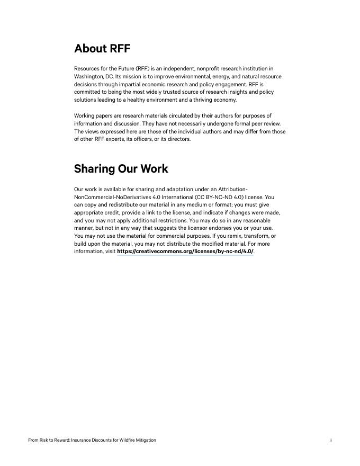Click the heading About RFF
pyautogui.click(x=102, y=49)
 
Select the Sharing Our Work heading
pyautogui.click(x=121, y=169)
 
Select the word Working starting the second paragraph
pyautogui.click(x=85, y=115)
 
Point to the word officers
pyautogui.click(x=142, y=139)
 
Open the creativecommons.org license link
pyautogui.click(x=185, y=252)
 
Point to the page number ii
pyautogui.click(x=330, y=440)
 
